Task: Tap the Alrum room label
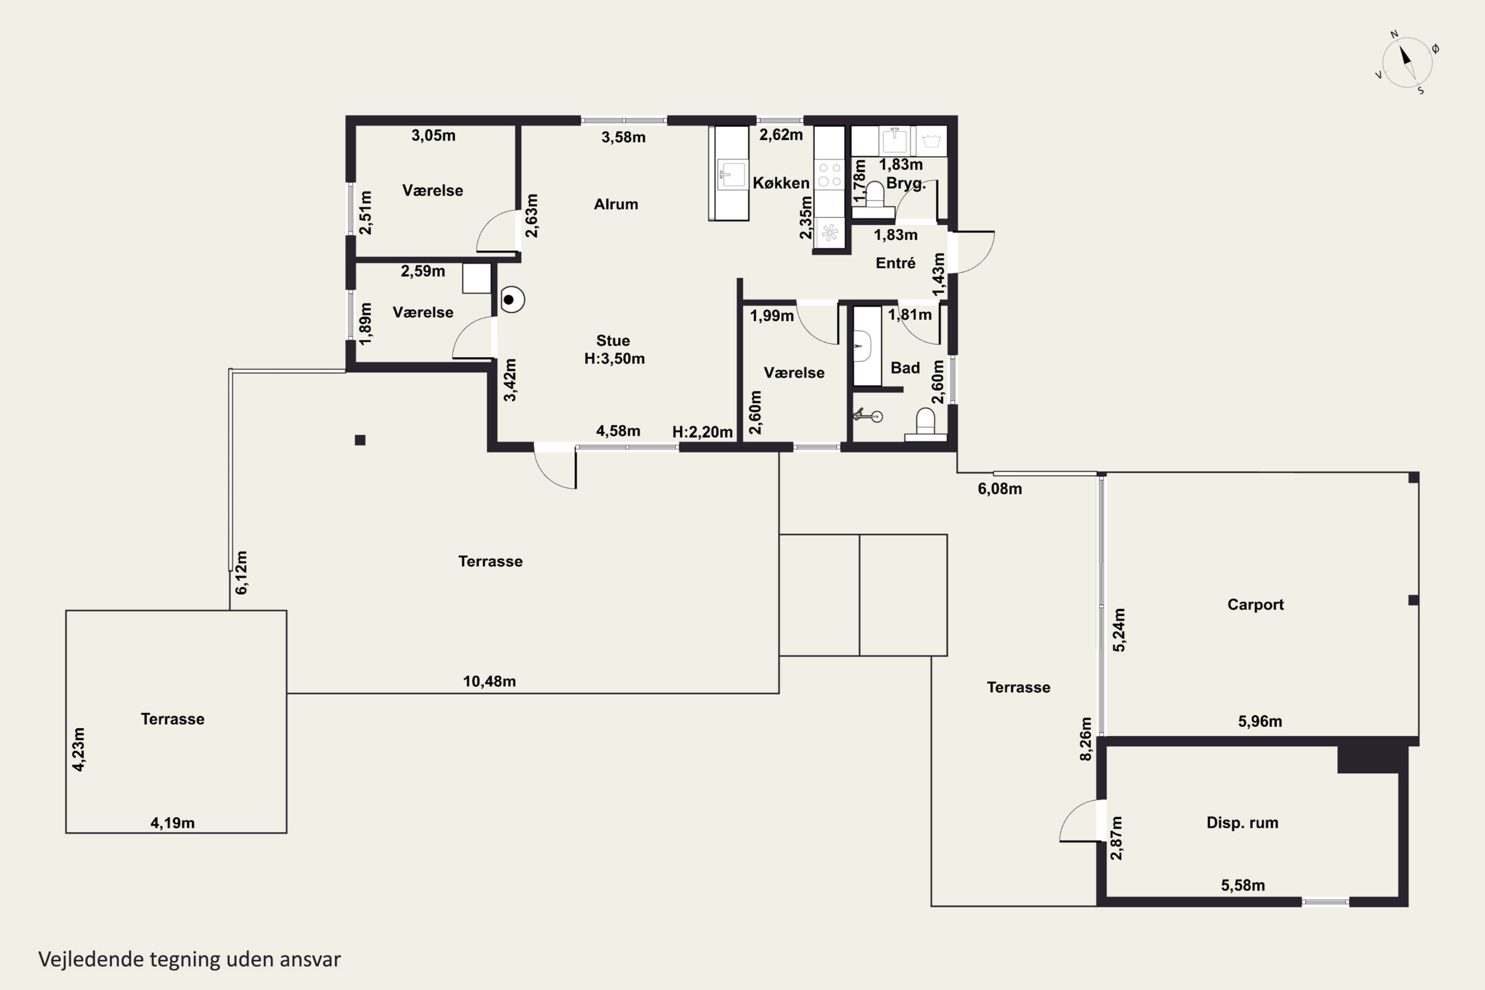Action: tap(616, 204)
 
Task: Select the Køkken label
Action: tap(781, 183)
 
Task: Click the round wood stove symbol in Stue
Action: tap(512, 300)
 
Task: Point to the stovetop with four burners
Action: tap(830, 175)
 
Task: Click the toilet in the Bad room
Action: tap(926, 424)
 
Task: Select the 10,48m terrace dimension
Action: tap(490, 681)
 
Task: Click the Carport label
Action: tap(1255, 604)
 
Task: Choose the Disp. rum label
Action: tap(1242, 823)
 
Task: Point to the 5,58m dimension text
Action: tap(1242, 885)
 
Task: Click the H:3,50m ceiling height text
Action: tap(614, 358)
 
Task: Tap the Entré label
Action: tap(895, 263)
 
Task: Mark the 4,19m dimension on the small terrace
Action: tap(172, 823)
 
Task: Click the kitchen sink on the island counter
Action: tap(732, 174)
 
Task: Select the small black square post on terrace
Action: tap(360, 440)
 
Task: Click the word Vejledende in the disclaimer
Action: tap(91, 959)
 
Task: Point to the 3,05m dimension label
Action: tap(433, 135)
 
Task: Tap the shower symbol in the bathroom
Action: tap(868, 415)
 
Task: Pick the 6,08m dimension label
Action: tap(999, 489)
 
